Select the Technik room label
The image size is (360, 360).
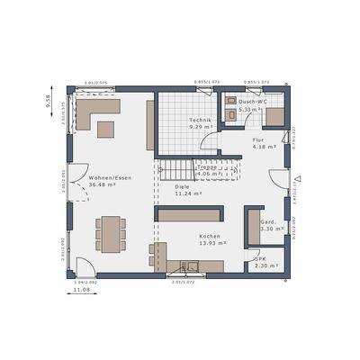(x=199, y=121)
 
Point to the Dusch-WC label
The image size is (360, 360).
(x=254, y=102)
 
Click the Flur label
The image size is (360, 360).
(x=258, y=140)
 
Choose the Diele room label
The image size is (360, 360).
(x=182, y=186)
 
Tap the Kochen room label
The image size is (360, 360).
(x=210, y=236)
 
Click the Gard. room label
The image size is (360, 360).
(x=267, y=221)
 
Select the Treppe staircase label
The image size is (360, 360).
(x=208, y=166)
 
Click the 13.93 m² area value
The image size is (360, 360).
(x=210, y=244)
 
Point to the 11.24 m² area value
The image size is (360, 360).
(x=187, y=193)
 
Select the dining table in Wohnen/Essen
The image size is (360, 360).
(x=112, y=231)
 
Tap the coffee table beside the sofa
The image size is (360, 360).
(x=105, y=129)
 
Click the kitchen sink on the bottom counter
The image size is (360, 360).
(x=191, y=265)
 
